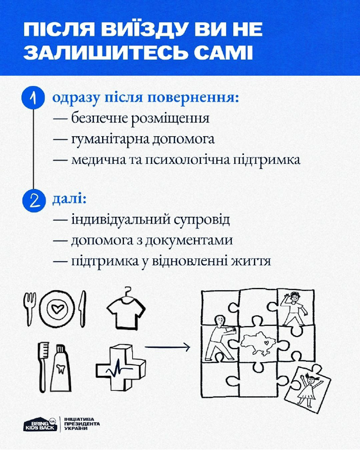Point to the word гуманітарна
click(x=108, y=140)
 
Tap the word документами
click(x=195, y=240)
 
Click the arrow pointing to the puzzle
click(x=166, y=347)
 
